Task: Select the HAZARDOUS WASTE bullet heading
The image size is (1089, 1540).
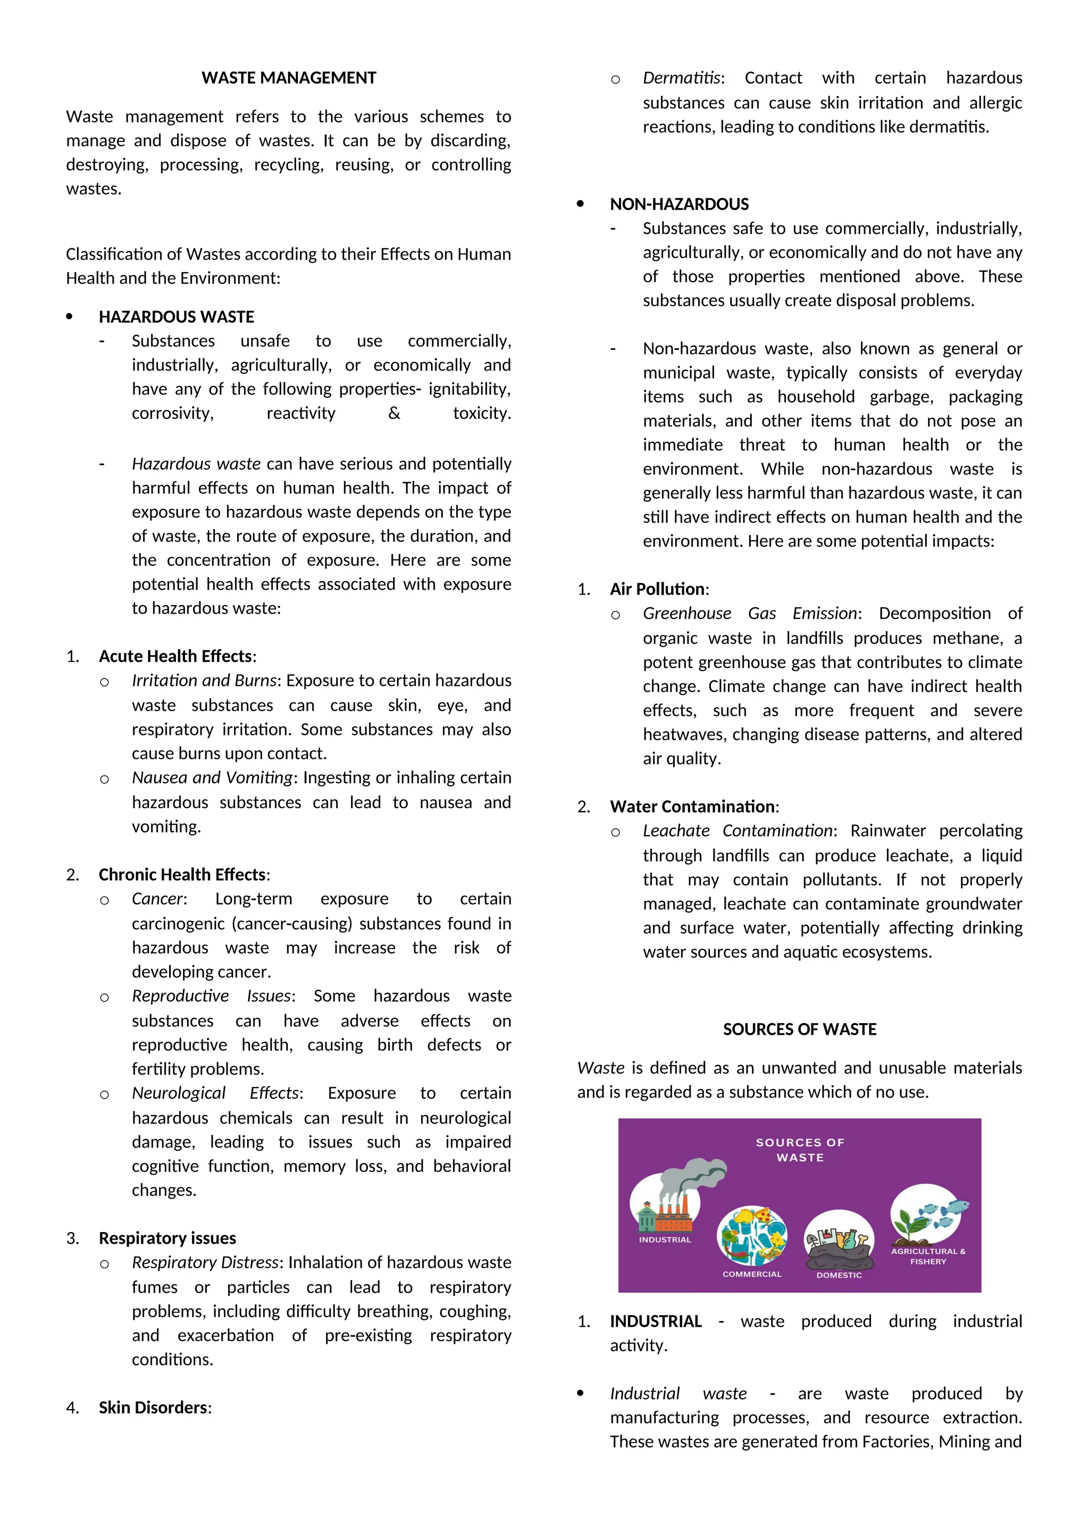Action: tap(177, 316)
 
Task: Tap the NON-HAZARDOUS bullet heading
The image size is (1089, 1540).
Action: tap(678, 204)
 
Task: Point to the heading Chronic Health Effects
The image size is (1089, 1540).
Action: tap(182, 875)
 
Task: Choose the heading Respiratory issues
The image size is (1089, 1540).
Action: tap(167, 1238)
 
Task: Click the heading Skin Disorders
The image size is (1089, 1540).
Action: tap(154, 1407)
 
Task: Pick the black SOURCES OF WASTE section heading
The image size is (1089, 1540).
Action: tap(799, 1029)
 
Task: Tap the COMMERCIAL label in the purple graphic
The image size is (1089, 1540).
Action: tap(752, 1274)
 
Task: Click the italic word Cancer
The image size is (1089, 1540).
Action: tap(157, 899)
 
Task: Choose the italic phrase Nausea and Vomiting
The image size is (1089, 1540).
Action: tap(212, 777)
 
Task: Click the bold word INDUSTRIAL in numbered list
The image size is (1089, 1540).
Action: tap(655, 1321)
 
